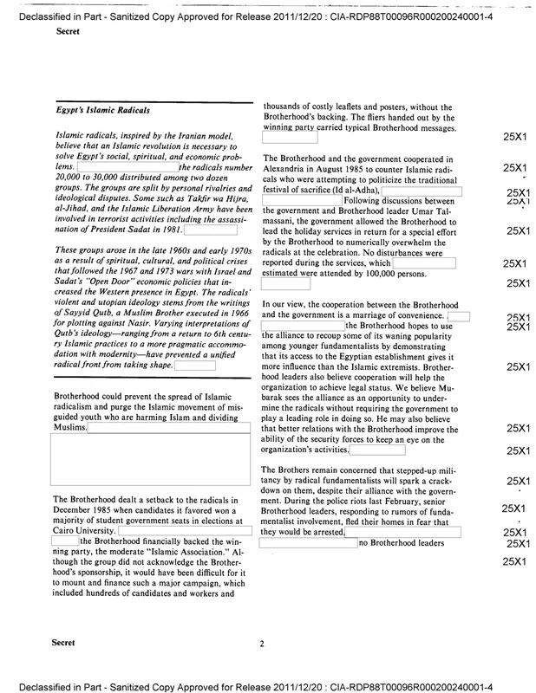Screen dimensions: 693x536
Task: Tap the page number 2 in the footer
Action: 261,644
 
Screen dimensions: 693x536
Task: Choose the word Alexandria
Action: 289,170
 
